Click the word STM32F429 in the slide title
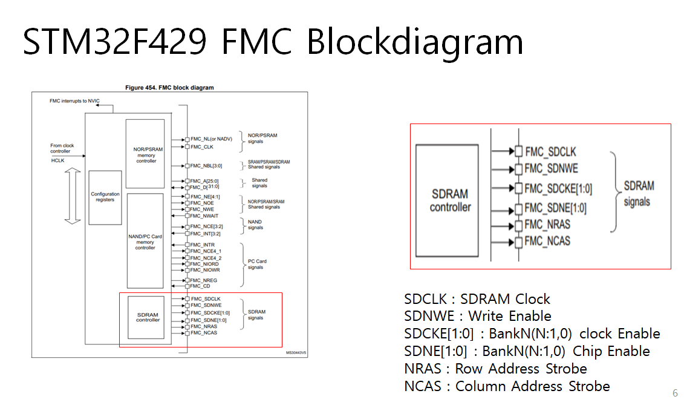114,42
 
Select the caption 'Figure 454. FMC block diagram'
169,88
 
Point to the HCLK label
57,160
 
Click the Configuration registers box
105,197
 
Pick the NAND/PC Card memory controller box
145,240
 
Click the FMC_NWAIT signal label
204,216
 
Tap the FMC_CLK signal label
201,147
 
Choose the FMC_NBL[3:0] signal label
206,165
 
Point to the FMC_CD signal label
200,286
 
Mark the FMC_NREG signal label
203,280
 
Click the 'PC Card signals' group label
257,265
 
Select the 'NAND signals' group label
255,225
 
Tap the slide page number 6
675,392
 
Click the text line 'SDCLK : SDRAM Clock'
477,299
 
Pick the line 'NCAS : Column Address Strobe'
507,386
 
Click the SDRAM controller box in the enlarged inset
450,200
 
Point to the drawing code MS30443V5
296,352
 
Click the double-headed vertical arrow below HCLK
72,197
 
